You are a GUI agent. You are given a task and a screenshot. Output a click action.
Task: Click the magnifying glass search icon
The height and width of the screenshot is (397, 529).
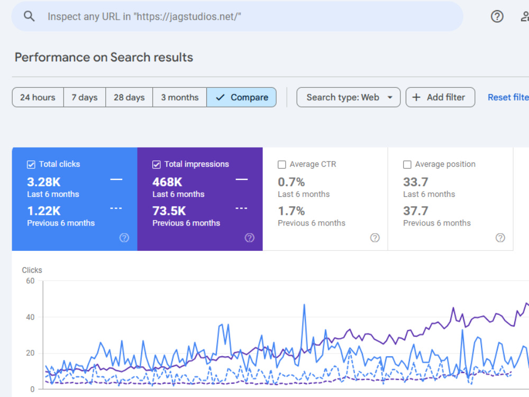click(x=29, y=16)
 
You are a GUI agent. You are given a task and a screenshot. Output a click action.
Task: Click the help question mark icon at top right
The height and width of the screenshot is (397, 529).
click(x=497, y=16)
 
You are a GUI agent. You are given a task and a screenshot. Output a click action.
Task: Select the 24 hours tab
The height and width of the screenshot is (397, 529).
click(x=38, y=97)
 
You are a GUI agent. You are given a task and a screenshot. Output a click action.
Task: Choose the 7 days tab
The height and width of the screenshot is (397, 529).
click(x=85, y=97)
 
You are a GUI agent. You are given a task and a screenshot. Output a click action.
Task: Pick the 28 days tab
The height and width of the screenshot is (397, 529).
click(x=129, y=97)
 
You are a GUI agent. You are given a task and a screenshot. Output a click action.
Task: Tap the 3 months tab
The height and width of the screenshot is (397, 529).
click(x=180, y=97)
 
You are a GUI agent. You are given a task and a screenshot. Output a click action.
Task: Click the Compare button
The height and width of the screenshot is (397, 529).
click(x=242, y=97)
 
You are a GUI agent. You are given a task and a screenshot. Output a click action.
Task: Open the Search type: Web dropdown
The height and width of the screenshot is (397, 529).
click(x=349, y=97)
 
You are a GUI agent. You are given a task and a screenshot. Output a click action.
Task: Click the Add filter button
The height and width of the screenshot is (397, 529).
click(x=440, y=97)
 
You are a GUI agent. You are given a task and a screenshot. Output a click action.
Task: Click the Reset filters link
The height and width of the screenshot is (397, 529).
click(x=508, y=97)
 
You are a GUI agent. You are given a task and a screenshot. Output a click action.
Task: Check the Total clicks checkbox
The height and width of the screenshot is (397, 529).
click(x=31, y=165)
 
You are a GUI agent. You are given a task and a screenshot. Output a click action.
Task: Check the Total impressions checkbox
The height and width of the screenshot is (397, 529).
click(x=156, y=165)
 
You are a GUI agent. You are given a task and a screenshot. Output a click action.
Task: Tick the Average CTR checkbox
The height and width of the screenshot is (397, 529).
click(x=282, y=165)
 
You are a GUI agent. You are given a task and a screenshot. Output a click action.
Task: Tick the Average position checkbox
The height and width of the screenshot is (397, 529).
click(x=407, y=165)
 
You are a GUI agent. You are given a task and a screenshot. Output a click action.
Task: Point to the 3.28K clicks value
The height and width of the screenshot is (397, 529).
click(x=44, y=182)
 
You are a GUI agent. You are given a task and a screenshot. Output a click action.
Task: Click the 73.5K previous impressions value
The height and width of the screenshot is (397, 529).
click(x=169, y=211)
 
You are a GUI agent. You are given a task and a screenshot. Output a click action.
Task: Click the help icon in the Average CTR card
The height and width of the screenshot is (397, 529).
click(x=375, y=238)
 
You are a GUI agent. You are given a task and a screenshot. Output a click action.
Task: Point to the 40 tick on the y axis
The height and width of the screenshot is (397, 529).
click(x=30, y=317)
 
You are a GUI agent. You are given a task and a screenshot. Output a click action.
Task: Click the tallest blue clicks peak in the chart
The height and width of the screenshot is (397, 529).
click(x=304, y=305)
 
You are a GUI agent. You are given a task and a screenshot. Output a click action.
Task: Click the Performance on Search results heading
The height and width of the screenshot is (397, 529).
click(x=104, y=57)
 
